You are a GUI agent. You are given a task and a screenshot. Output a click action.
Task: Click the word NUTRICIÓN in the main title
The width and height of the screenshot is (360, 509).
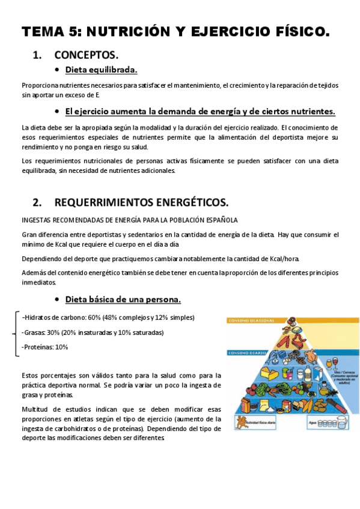coord(133,31)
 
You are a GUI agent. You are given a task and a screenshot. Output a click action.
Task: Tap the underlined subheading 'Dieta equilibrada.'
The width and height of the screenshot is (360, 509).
coord(101,70)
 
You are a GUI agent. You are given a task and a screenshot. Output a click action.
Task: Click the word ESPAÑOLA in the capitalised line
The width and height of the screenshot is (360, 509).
coord(221,220)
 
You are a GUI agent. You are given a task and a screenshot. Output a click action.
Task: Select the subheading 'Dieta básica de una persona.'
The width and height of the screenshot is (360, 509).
coord(123,299)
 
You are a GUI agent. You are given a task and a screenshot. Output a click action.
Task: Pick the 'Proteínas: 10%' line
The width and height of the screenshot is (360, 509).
coord(45,347)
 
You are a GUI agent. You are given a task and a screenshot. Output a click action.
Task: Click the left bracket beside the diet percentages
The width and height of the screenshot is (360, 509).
coord(15,333)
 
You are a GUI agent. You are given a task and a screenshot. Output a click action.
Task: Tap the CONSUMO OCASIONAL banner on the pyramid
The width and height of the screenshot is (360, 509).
coord(248,320)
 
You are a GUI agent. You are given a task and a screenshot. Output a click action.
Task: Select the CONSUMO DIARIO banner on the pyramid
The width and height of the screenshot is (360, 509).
coord(246,352)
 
